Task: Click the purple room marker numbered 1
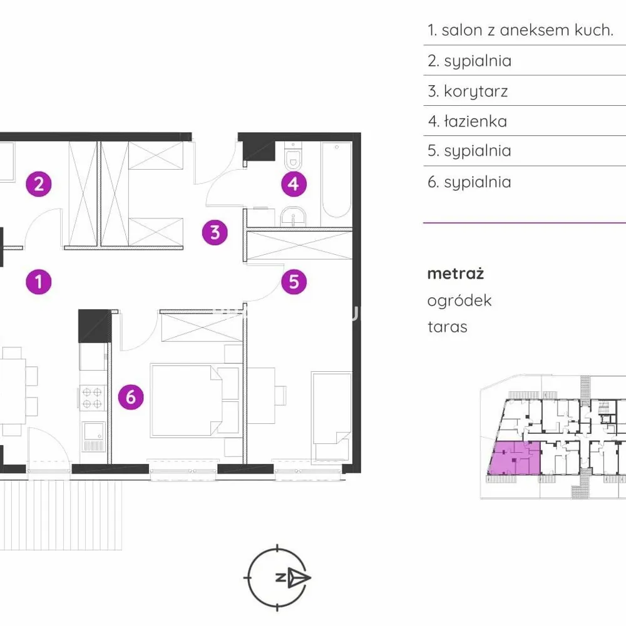[39, 282]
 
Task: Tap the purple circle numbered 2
[39, 184]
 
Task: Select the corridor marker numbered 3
[215, 232]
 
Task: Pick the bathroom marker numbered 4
[294, 184]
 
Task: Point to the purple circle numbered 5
[294, 282]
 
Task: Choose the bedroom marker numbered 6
[131, 397]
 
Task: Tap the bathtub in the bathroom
[337, 180]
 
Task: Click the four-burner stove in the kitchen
[92, 398]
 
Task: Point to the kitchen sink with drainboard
[93, 436]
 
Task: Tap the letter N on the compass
[280, 577]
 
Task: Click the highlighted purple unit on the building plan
[514, 458]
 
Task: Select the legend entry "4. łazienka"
[468, 121]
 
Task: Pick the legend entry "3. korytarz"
[468, 91]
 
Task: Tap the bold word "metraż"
[456, 274]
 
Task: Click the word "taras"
[447, 327]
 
